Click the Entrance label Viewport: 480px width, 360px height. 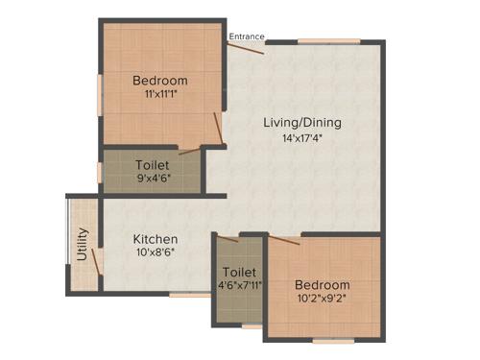click(247, 36)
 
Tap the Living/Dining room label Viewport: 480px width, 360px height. click(303, 123)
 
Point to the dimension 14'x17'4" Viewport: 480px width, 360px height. click(303, 139)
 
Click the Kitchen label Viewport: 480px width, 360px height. click(155, 238)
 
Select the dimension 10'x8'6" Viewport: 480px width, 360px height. click(155, 253)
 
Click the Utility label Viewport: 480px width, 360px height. click(83, 244)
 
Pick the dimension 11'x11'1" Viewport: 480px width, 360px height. click(159, 95)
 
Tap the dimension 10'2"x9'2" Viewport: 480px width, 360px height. click(322, 300)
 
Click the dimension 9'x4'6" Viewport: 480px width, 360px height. click(153, 180)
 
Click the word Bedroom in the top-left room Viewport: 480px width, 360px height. click(159, 81)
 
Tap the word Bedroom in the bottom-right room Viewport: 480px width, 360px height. click(322, 285)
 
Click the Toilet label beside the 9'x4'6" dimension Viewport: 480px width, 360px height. click(153, 165)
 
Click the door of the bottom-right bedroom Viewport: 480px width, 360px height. click(286, 239)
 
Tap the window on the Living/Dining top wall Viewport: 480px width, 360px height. click(328, 40)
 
